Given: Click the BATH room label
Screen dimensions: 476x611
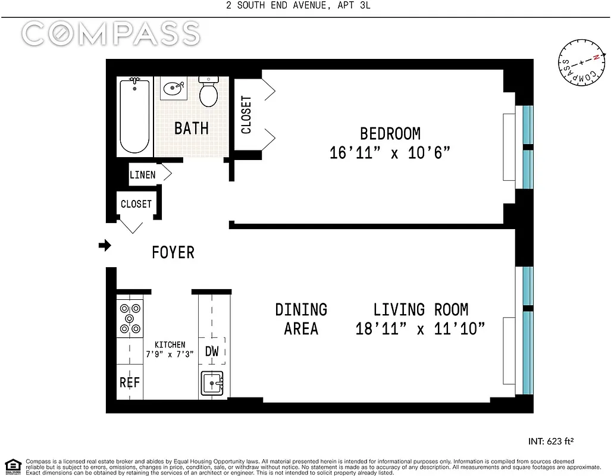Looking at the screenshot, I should (x=191, y=128).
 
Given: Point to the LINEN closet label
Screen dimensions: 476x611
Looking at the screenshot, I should (x=143, y=174).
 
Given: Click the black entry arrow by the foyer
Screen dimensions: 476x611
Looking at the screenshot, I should (x=105, y=245).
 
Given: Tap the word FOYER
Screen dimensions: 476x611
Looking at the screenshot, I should (x=173, y=252).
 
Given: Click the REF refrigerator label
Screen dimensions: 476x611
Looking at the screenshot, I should (x=129, y=382).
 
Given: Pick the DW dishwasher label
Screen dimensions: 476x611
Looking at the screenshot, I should (x=212, y=351).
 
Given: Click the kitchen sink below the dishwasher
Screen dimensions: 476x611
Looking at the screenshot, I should (x=212, y=383).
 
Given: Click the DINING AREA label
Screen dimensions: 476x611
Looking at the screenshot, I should (x=301, y=319).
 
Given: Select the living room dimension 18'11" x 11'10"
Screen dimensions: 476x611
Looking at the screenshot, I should (x=421, y=328).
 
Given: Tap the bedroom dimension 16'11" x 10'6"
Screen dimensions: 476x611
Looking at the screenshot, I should (x=390, y=152).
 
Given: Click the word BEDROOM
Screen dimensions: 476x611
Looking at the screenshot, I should (x=390, y=133).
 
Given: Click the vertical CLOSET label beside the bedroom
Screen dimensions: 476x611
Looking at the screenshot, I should (x=246, y=114).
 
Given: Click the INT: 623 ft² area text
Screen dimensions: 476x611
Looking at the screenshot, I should (x=550, y=441).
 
